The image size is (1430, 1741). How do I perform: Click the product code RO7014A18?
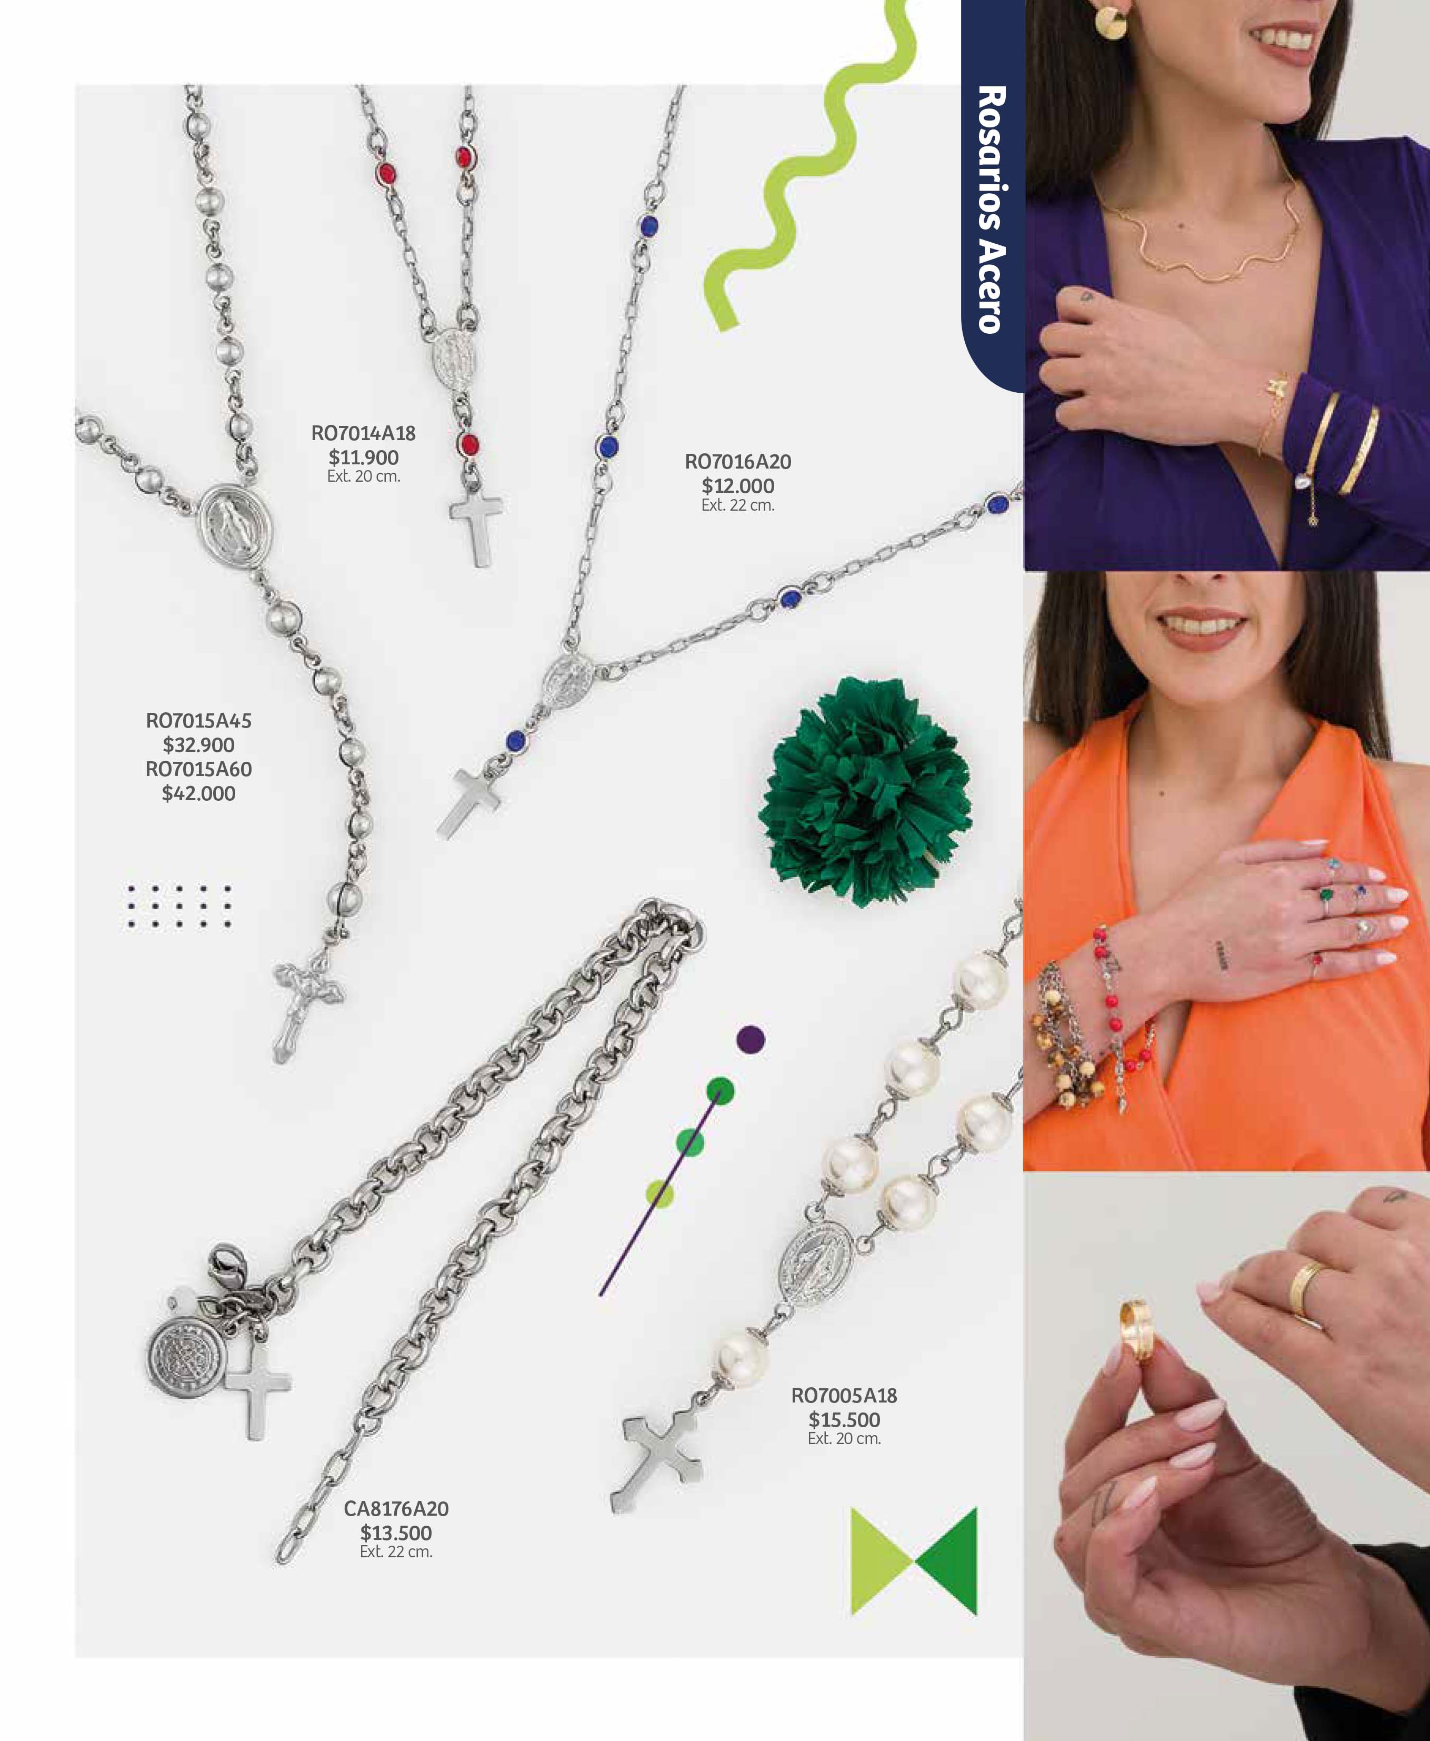(x=363, y=433)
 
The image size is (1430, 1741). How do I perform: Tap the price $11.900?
(x=363, y=457)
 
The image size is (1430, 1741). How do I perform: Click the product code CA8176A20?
(x=396, y=1509)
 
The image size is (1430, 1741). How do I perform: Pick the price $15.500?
(x=844, y=1420)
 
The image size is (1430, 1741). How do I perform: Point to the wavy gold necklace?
(x=1203, y=239)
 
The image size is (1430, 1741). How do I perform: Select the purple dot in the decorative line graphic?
(x=751, y=1040)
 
